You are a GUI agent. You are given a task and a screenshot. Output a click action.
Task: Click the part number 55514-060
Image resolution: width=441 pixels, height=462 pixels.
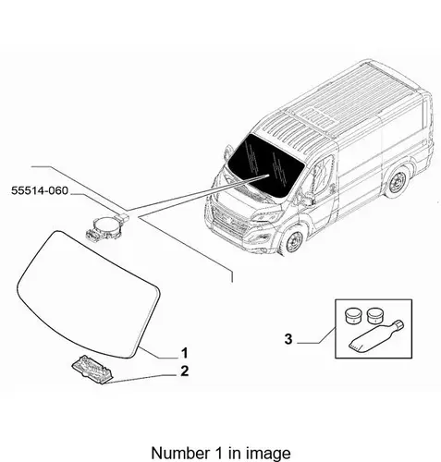tap(40, 190)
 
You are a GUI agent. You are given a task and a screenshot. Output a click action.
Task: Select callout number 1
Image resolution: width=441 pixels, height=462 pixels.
tap(184, 353)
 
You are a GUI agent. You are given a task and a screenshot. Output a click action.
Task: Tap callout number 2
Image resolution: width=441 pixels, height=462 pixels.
tap(184, 371)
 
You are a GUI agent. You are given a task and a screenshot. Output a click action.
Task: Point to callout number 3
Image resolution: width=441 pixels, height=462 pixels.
tap(288, 339)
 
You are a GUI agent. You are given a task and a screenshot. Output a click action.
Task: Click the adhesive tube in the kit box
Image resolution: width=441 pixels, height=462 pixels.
tap(375, 336)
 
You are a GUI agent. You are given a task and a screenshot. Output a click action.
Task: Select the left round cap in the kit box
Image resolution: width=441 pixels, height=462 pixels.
tap(353, 315)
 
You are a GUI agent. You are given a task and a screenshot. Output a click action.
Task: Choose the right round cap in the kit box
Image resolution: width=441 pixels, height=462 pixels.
tap(375, 315)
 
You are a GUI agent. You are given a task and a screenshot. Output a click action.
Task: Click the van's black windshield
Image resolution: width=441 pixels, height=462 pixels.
tap(265, 165)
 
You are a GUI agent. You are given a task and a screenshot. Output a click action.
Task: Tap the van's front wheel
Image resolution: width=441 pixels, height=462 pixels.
tap(292, 241)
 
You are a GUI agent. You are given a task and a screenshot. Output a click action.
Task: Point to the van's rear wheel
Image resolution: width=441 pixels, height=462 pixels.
tap(398, 182)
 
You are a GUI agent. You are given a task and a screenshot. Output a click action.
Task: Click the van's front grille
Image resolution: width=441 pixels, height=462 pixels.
tap(230, 221)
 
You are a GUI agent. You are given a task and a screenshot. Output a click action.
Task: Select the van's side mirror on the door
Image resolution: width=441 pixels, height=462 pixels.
tap(307, 200)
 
